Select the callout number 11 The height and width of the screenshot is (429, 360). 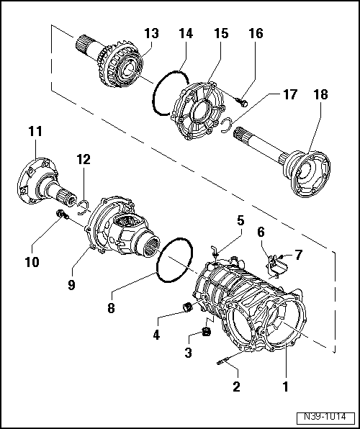coord(35,131)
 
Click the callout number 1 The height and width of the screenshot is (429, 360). coord(286,387)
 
